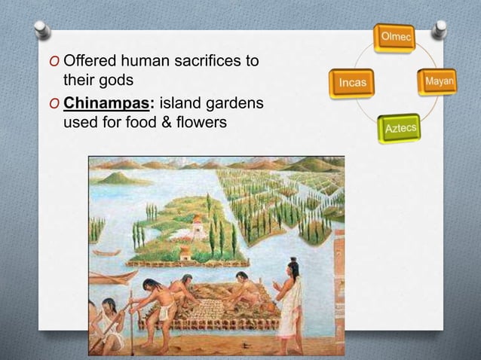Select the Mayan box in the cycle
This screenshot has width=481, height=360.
pyautogui.click(x=438, y=81)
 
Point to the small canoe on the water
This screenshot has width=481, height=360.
pyautogui.click(x=107, y=253)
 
